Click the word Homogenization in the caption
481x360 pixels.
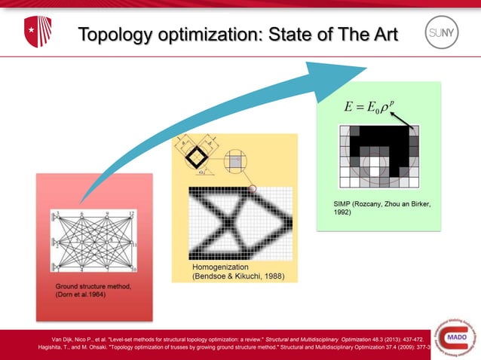click(x=218, y=267)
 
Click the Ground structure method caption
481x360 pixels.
click(x=94, y=291)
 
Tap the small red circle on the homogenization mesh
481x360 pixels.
click(x=253, y=188)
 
